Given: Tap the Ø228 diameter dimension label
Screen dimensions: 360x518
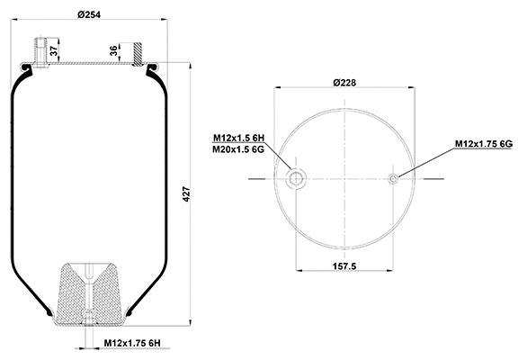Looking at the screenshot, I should [345, 84].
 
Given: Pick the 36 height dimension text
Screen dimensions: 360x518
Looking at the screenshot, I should [114, 50].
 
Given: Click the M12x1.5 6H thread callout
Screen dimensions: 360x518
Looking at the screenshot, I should [239, 138].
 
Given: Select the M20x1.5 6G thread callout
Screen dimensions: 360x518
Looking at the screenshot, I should [239, 149].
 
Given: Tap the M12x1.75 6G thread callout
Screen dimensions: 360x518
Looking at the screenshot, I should [483, 143].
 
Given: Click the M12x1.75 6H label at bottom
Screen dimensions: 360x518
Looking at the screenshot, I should [133, 343].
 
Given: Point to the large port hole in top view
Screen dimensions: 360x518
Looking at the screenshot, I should [295, 178].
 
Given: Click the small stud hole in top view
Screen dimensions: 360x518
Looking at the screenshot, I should [394, 178].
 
